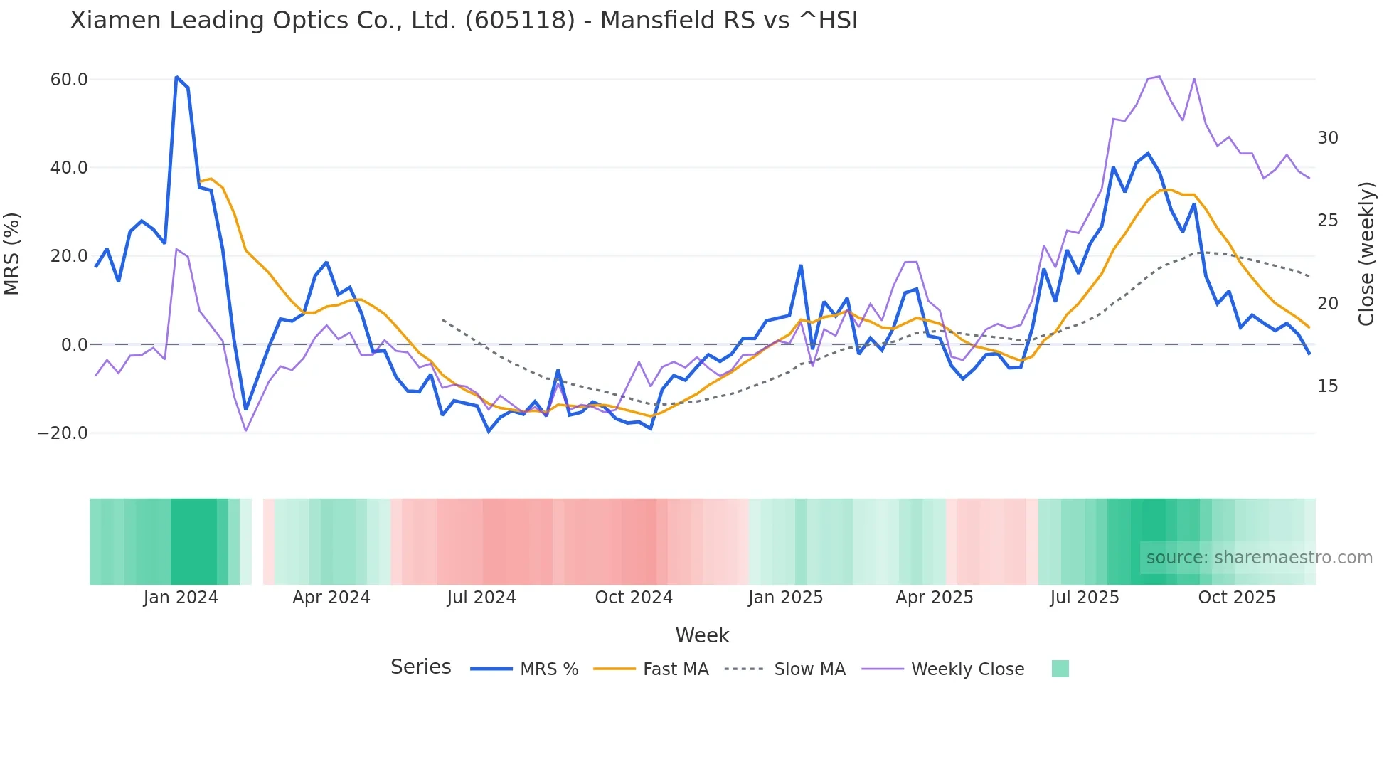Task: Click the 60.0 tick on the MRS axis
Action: [68, 80]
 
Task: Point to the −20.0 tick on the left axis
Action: [63, 433]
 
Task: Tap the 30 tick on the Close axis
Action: [1327, 138]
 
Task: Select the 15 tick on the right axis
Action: [1327, 386]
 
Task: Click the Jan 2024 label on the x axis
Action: [181, 598]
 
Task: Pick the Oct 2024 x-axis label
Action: [634, 598]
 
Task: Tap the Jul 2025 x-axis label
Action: [1085, 598]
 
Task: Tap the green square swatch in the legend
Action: [1060, 669]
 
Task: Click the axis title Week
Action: [702, 635]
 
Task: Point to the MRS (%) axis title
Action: [12, 254]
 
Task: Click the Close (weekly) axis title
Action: [1366, 254]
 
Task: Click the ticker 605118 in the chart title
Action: [520, 21]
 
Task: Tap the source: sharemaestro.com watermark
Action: [1259, 558]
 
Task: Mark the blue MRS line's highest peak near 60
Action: [176, 77]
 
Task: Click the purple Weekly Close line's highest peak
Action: [1159, 76]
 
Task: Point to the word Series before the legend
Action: [420, 667]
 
